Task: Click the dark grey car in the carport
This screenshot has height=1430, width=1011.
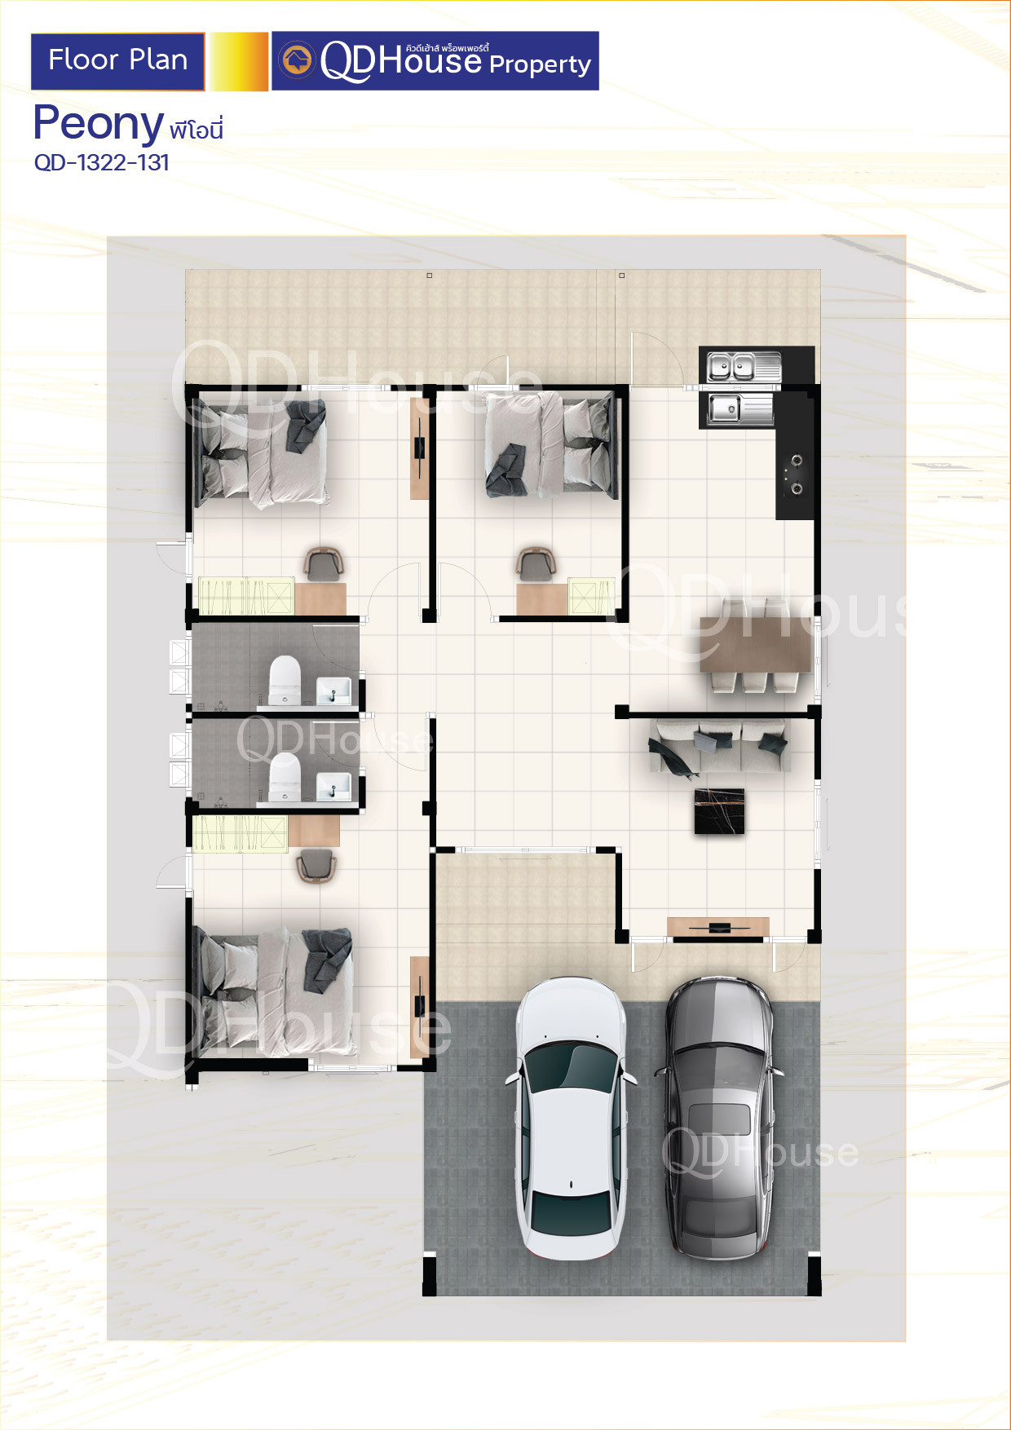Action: coord(718,1117)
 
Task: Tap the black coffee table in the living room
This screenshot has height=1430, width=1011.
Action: coord(719,811)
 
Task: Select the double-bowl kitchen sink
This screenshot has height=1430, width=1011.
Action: coord(743,366)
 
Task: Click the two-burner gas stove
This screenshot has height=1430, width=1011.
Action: coord(795,474)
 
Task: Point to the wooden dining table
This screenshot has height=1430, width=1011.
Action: coord(755,644)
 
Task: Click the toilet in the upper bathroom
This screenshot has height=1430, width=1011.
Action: coord(285,679)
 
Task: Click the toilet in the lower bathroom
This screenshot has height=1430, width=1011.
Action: coord(285,776)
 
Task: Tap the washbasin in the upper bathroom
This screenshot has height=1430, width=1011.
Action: coord(333,690)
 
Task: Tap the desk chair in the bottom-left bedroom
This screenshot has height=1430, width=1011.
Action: coord(316,865)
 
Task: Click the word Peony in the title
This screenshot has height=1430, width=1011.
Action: coord(99,124)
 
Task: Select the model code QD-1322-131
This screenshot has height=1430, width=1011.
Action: coord(102,163)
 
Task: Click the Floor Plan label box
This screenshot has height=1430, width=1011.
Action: coord(117,61)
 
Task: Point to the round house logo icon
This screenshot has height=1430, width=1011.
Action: coord(297,60)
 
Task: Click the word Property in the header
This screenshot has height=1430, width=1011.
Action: coord(540,65)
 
